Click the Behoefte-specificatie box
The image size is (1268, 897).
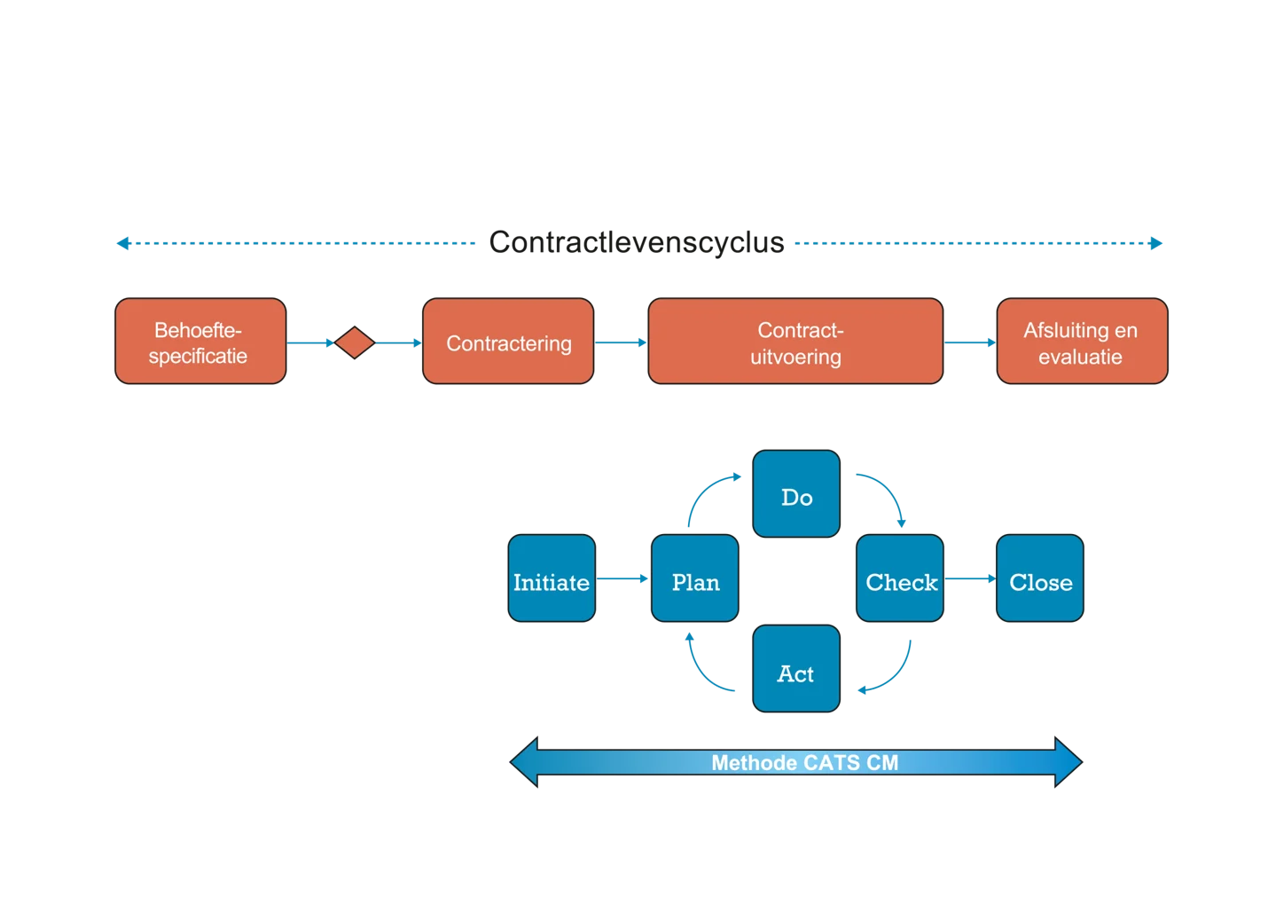coord(200,341)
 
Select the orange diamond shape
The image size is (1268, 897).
coord(355,342)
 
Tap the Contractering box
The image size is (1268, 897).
coord(508,341)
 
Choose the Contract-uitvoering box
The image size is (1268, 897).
coord(795,341)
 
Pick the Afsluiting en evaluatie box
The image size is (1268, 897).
coord(1082,341)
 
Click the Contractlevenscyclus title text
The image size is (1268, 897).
coord(637,242)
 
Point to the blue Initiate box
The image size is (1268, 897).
coord(552,578)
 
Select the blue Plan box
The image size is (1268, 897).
coord(694,578)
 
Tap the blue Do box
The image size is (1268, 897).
coord(796,494)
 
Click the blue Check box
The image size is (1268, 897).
coord(899,578)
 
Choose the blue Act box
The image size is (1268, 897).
coord(796,668)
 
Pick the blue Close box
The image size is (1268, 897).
coord(1040,578)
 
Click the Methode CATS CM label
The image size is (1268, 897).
coord(804,763)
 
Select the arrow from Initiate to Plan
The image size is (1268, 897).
coord(622,578)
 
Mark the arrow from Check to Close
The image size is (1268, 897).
coord(970,578)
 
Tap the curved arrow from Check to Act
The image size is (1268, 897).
coord(895,676)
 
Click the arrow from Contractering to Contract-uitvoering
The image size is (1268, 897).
coord(621,342)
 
